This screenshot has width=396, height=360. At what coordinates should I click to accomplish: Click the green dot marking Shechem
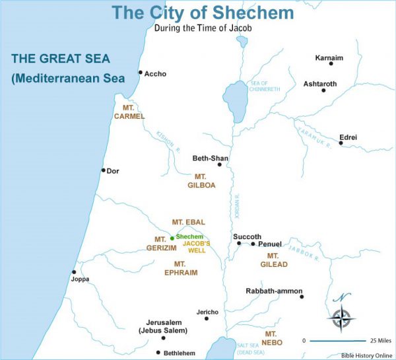pyautogui.click(x=172, y=238)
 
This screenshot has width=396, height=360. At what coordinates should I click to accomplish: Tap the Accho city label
pyautogui.click(x=156, y=74)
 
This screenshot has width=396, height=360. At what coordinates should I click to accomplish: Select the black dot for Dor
pyautogui.click(x=103, y=170)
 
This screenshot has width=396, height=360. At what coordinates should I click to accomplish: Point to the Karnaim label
pyautogui.click(x=329, y=58)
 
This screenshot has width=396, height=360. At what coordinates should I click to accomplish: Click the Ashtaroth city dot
pyautogui.click(x=323, y=90)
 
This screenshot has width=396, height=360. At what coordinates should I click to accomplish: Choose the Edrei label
pyautogui.click(x=348, y=137)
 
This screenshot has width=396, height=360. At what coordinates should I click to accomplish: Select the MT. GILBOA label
pyautogui.click(x=201, y=181)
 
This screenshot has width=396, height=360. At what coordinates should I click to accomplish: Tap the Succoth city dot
pyautogui.click(x=239, y=244)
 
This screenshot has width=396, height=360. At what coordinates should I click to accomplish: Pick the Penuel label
pyautogui.click(x=270, y=244)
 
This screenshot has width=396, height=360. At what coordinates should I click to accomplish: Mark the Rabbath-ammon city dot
pyautogui.click(x=302, y=297)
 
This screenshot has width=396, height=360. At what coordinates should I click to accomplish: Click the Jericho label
pyautogui.click(x=207, y=312)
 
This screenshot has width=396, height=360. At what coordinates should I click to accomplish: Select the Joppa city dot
pyautogui.click(x=74, y=271)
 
